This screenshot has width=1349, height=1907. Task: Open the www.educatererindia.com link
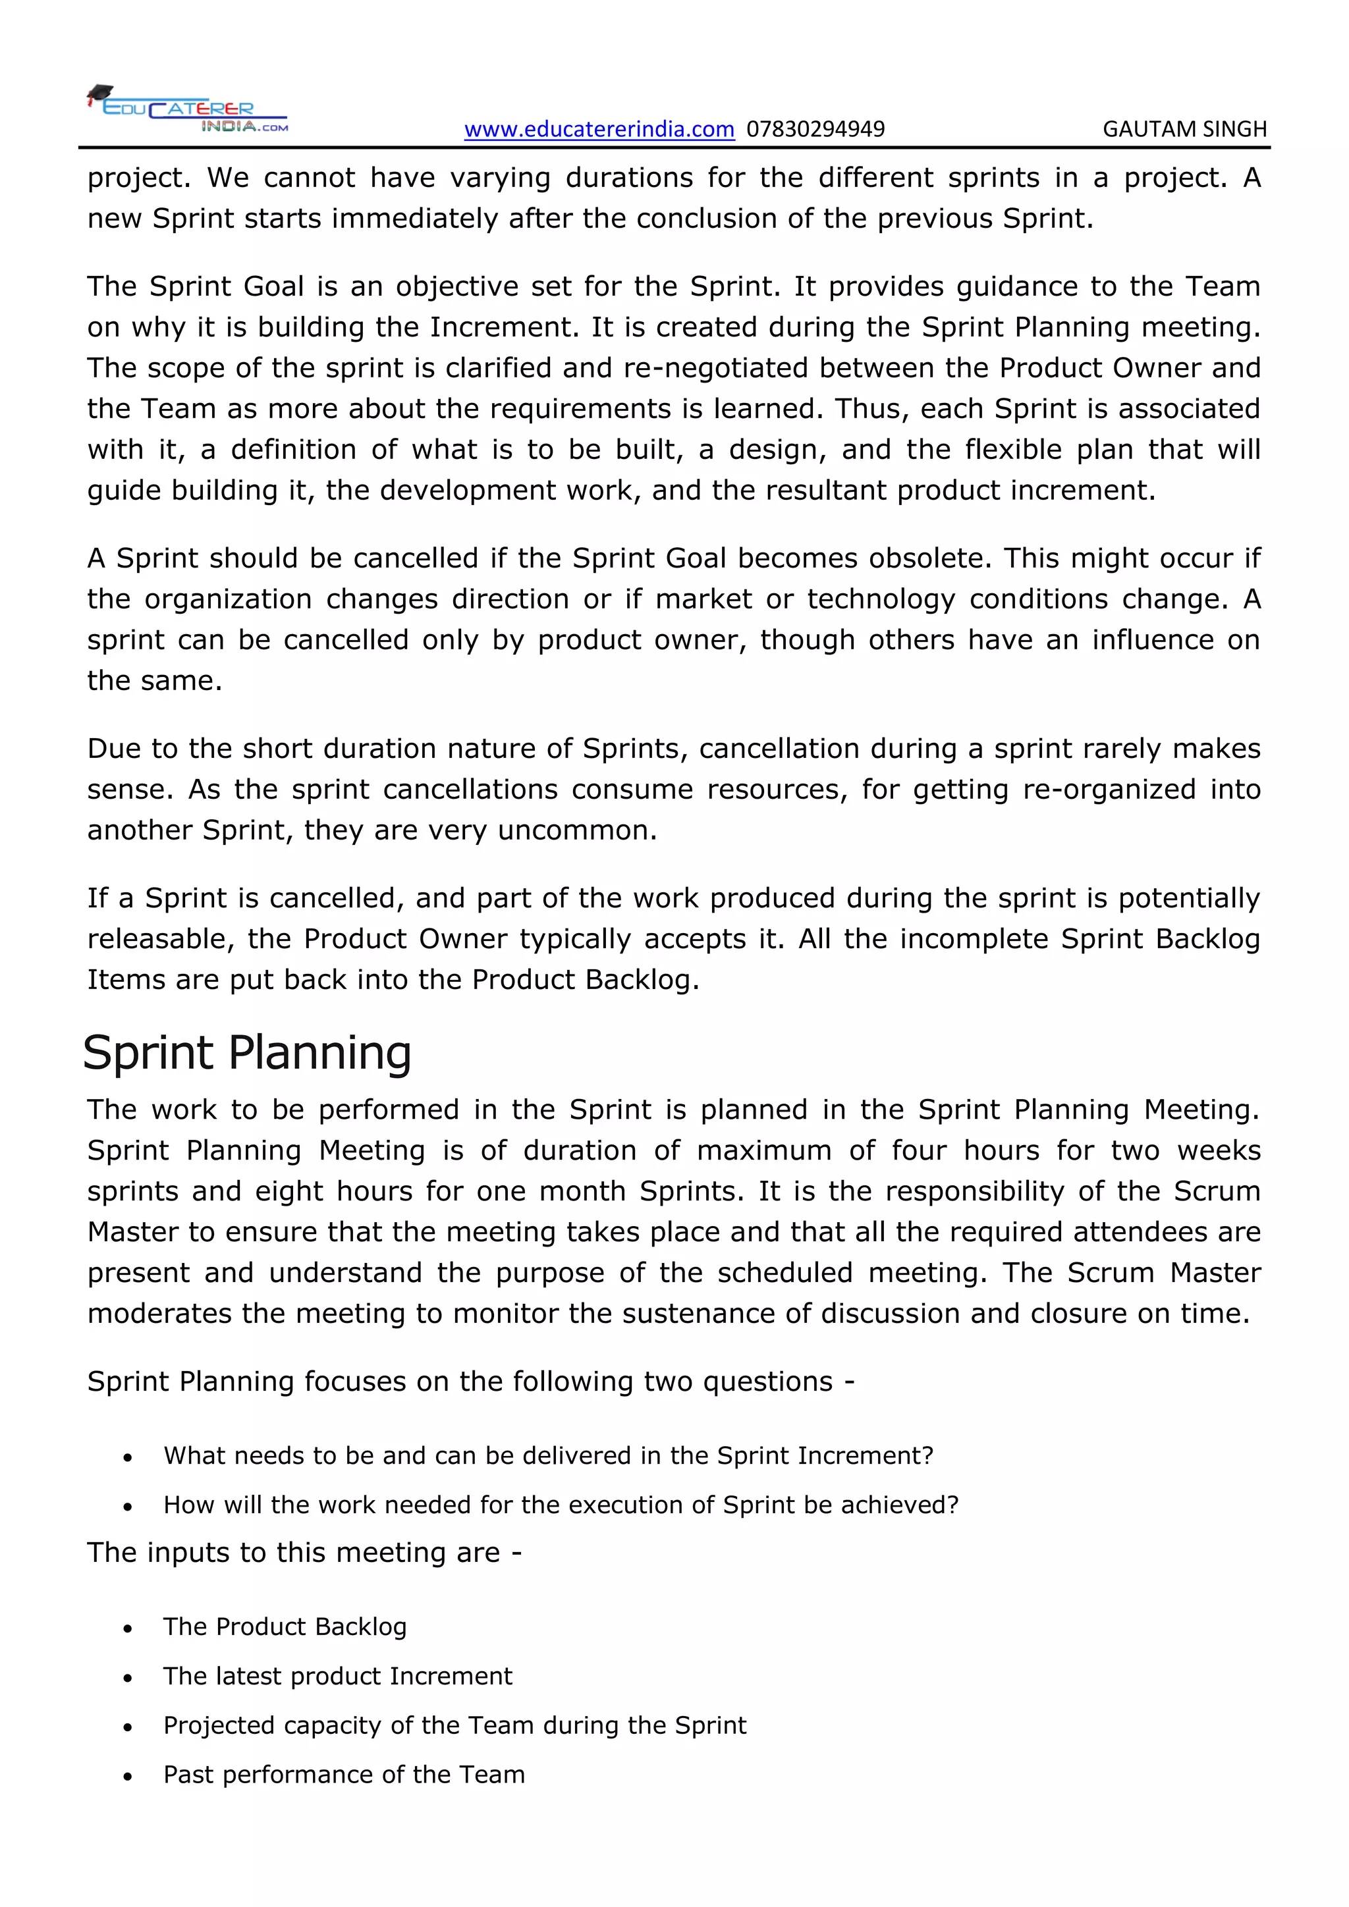click(599, 130)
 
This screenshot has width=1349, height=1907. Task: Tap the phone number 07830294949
click(815, 130)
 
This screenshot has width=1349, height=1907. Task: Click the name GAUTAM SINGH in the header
click(1184, 130)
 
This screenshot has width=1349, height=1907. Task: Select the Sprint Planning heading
click(247, 1053)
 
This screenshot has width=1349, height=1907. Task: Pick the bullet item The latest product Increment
click(337, 1676)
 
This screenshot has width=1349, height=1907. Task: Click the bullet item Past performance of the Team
click(344, 1775)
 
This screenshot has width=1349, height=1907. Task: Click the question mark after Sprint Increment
click(929, 1456)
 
